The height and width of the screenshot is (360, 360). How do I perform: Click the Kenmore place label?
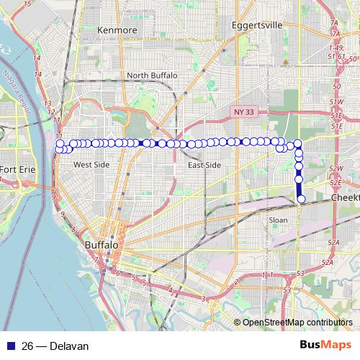[117, 31]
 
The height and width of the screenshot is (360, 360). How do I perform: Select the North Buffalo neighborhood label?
[150, 76]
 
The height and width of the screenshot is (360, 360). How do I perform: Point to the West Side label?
[91, 165]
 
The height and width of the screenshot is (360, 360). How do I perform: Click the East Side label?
[204, 166]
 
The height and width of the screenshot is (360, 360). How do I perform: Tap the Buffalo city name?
[101, 246]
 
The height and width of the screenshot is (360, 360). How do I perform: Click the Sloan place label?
[277, 220]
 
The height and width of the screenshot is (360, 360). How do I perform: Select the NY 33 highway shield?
[244, 112]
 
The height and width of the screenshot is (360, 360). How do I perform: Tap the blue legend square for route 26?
[12, 346]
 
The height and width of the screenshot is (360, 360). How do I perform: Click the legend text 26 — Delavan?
[55, 346]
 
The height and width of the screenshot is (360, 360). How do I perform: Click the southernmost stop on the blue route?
[301, 199]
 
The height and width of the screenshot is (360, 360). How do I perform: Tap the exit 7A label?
[334, 23]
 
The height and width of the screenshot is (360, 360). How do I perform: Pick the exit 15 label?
[27, 5]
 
